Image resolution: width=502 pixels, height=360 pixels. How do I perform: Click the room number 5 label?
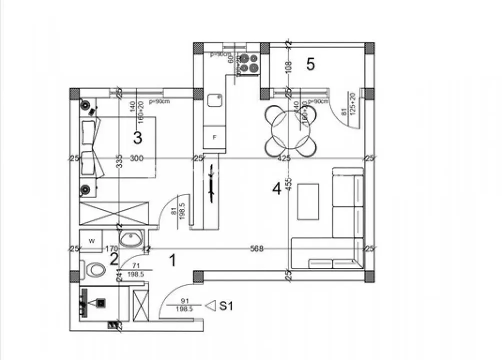click(310, 64)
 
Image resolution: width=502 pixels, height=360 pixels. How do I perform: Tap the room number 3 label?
click(138, 136)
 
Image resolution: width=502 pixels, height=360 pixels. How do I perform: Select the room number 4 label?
click(276, 188)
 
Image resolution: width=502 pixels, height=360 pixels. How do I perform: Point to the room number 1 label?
click(173, 260)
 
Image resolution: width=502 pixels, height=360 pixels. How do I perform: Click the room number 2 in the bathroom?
click(114, 258)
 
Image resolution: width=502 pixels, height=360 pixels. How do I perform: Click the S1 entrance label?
click(226, 306)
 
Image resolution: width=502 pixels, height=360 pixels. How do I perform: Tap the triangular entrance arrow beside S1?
click(211, 304)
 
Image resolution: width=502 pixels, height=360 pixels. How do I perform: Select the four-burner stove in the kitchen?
click(249, 62)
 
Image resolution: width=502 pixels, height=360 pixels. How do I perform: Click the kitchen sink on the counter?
click(215, 100)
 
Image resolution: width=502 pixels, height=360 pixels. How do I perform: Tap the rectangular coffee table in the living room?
click(308, 201)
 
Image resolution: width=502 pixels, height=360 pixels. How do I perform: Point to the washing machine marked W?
click(91, 241)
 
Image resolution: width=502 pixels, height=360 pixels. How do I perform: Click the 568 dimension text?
click(257, 248)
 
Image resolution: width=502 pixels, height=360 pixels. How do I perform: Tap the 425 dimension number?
click(284, 158)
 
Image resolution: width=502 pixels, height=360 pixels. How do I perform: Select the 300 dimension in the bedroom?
click(137, 158)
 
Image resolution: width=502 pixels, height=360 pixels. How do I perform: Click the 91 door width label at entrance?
click(184, 301)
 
